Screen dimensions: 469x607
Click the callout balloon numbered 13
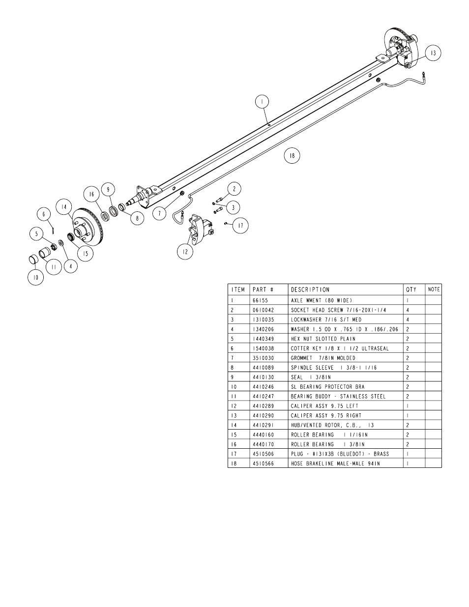pos(433,53)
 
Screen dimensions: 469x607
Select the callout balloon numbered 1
pos(262,102)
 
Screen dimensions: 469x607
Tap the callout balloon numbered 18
pos(292,156)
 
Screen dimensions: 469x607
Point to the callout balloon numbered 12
pos(185,252)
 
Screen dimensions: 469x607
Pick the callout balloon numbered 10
pos(35,277)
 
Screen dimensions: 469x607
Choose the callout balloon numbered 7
pos(159,214)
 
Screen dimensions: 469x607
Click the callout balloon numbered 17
pos(240,226)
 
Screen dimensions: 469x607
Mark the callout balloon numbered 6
pos(44,214)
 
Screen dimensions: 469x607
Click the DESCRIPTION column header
pos(310,289)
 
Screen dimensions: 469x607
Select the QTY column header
pos(411,289)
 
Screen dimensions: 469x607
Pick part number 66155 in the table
pos(260,300)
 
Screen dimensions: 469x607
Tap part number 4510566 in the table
pos(263,463)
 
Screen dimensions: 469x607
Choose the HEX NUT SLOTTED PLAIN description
pos(323,339)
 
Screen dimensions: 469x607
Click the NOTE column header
pos(434,289)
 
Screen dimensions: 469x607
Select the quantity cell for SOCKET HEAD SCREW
pos(408,310)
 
